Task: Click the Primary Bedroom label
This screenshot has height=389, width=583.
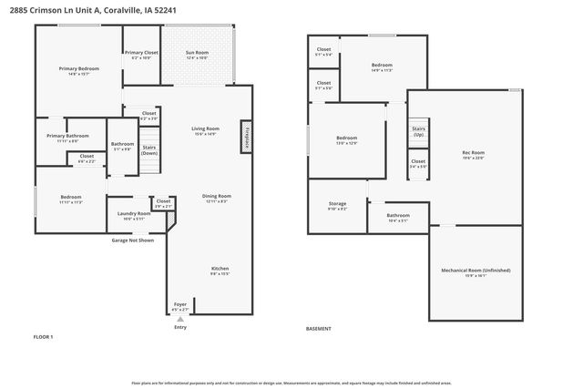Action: tap(79, 69)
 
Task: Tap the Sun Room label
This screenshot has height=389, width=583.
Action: tap(198, 54)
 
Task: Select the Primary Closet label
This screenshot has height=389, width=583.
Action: tap(141, 53)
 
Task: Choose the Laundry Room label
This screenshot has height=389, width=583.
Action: tap(134, 214)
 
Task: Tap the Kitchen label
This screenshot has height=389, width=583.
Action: tap(220, 270)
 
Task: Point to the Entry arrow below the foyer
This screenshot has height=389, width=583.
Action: tap(179, 320)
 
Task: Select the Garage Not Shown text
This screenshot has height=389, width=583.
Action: tap(133, 241)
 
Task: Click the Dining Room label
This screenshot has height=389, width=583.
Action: tap(216, 196)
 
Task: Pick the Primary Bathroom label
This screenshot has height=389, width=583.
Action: tap(67, 136)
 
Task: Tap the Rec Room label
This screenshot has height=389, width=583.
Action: tap(473, 152)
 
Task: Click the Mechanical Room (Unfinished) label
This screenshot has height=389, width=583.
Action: tap(476, 271)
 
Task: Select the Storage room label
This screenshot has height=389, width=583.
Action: tap(337, 205)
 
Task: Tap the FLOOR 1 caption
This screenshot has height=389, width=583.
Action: tap(44, 337)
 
